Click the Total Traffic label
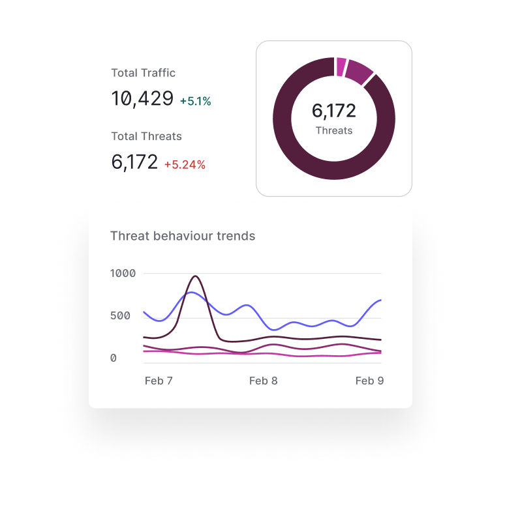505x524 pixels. pos(143,73)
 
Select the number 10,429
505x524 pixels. pos(142,99)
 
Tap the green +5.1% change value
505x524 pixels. pos(195,102)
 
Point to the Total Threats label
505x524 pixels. pos(146,136)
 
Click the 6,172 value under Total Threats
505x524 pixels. pos(134,162)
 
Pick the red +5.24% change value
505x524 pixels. pos(185,165)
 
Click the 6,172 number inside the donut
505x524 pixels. pos(334,111)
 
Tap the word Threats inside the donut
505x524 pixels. pos(334,130)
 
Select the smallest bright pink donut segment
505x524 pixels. pos(341,66)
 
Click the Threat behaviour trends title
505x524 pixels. pos(183,236)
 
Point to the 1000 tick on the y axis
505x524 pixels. pos(123,273)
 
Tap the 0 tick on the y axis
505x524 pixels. pos(114,358)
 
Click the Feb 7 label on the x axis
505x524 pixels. pos(159,381)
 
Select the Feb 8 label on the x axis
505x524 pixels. pos(264,381)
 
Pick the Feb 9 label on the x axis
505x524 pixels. pos(369,381)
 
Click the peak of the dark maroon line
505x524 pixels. pos(195,276)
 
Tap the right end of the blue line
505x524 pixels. pos(380,300)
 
